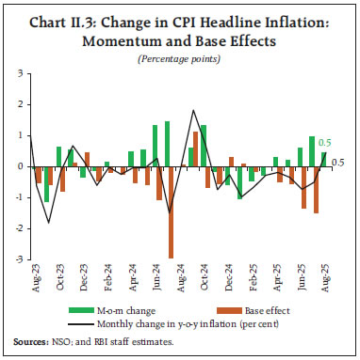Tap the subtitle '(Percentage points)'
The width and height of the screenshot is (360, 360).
click(x=179, y=58)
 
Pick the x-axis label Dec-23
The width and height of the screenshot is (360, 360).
click(x=84, y=279)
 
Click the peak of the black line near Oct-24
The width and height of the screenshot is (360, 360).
click(x=193, y=111)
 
